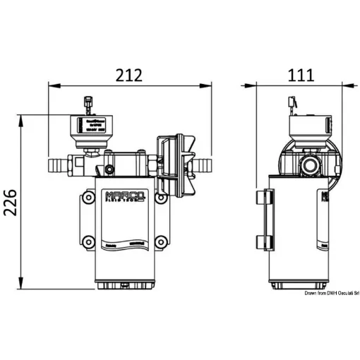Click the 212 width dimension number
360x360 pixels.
pos(130,73)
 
